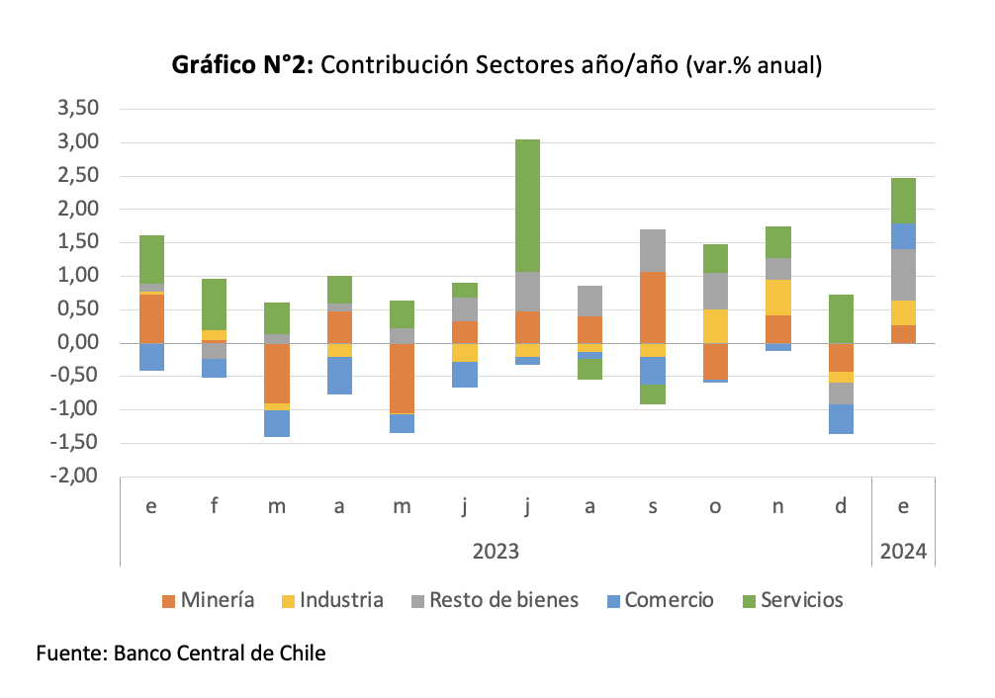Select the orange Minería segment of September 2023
[x=652, y=307]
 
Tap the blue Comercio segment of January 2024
[x=902, y=235]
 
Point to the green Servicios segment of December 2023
[x=841, y=318]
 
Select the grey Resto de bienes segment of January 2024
[x=902, y=274]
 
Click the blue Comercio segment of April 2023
[x=339, y=376]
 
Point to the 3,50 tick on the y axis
[x=80, y=109]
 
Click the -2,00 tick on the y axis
[x=78, y=476]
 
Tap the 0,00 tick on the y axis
[x=80, y=343]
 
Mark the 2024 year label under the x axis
[x=902, y=551]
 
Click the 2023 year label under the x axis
[x=495, y=551]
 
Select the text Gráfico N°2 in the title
[x=242, y=65]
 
